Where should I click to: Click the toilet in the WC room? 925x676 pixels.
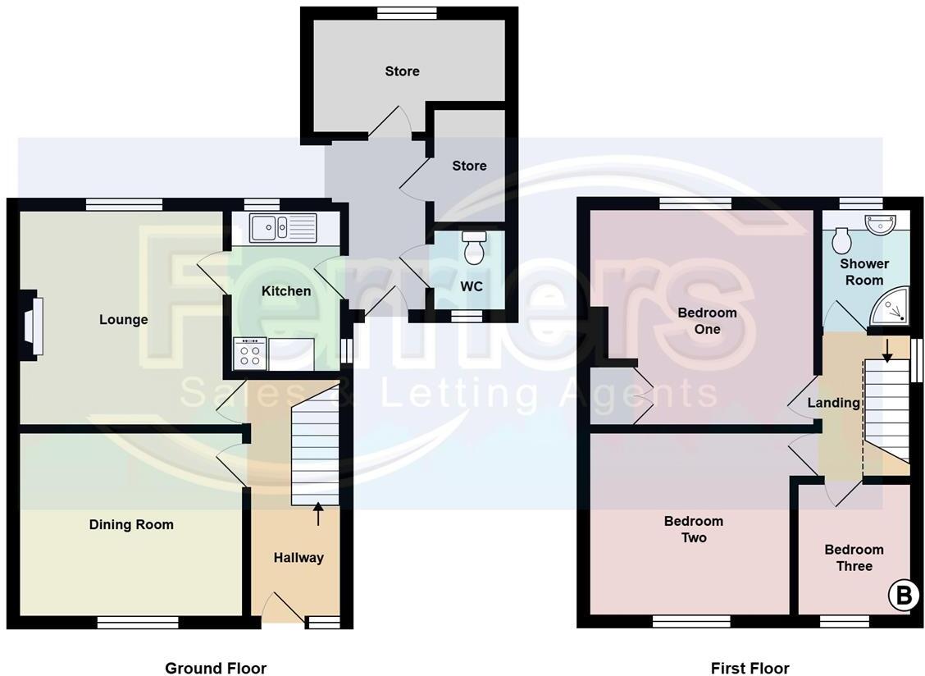tap(474, 248)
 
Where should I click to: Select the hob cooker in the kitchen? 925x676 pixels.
tap(250, 354)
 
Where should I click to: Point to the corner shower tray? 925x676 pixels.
tap(892, 306)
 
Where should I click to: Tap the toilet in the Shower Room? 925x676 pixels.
tap(841, 240)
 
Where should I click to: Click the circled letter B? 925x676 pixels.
tap(903, 596)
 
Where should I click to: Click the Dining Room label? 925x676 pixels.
tap(131, 524)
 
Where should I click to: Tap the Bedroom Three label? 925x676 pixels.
tap(854, 558)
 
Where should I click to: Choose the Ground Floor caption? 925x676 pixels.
tap(216, 668)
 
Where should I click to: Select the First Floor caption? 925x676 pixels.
tap(750, 668)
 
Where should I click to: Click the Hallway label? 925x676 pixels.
tap(298, 557)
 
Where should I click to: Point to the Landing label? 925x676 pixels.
tap(833, 402)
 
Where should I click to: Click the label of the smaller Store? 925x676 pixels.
tap(469, 166)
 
